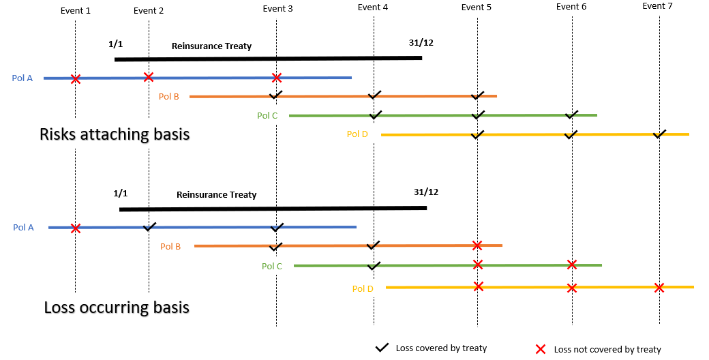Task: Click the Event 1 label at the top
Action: tap(75, 11)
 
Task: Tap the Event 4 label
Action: tap(373, 7)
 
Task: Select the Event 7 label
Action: tap(658, 6)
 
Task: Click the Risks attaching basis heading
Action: tap(115, 134)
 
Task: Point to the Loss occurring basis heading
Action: tap(116, 307)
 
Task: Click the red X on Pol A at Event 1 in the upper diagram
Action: tap(76, 79)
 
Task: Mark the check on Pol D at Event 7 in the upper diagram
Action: tap(659, 134)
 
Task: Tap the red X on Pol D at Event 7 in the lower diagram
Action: tap(659, 288)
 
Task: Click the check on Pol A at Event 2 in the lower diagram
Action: tap(149, 226)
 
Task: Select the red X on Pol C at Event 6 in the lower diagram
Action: tap(572, 265)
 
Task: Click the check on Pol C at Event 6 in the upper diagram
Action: tap(572, 115)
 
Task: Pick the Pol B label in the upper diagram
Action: tap(168, 97)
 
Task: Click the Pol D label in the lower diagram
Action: tap(363, 289)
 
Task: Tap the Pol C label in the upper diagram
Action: tap(267, 115)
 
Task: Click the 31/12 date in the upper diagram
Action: tap(421, 42)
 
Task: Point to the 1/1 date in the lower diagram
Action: tap(121, 194)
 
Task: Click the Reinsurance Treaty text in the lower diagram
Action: tap(216, 195)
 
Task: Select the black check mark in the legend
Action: tap(382, 348)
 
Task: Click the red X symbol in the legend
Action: tap(540, 349)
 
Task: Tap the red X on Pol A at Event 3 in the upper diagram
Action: tap(277, 78)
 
